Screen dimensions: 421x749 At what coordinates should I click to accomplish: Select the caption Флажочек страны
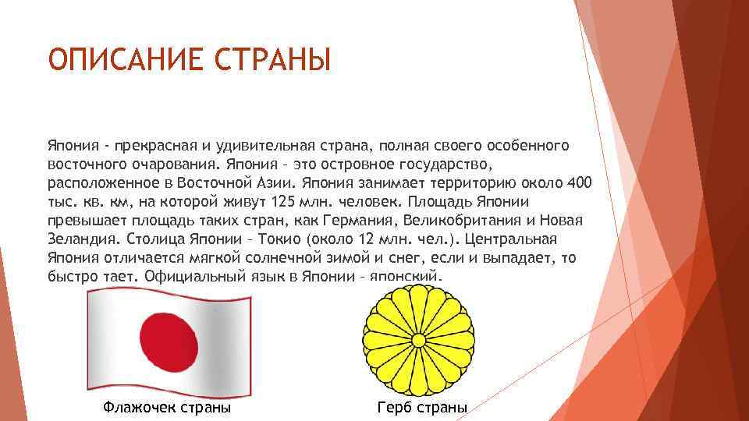[166, 407]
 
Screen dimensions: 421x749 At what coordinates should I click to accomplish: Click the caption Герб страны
[422, 407]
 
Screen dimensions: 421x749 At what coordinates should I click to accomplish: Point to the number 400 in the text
[578, 183]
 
